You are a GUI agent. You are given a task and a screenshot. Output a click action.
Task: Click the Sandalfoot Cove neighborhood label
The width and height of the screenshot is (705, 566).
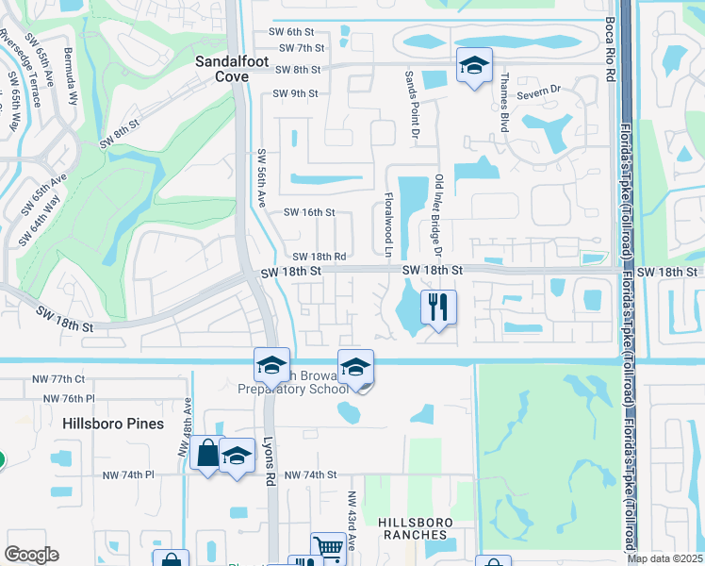click(222, 68)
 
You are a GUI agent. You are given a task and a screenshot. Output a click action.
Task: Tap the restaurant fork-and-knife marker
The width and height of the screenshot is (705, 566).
click(438, 307)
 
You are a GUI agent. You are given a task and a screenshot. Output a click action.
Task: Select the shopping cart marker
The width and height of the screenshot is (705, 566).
click(328, 547)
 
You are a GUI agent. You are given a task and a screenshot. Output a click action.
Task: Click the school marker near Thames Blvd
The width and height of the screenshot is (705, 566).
click(475, 65)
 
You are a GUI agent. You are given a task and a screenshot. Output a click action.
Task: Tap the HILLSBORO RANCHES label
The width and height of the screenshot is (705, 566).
click(415, 528)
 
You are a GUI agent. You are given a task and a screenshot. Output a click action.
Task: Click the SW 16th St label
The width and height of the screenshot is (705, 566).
click(309, 213)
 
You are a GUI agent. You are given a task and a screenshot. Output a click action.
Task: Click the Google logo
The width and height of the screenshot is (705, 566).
click(31, 555)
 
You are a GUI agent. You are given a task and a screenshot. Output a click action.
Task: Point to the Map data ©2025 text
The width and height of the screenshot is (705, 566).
click(664, 558)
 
